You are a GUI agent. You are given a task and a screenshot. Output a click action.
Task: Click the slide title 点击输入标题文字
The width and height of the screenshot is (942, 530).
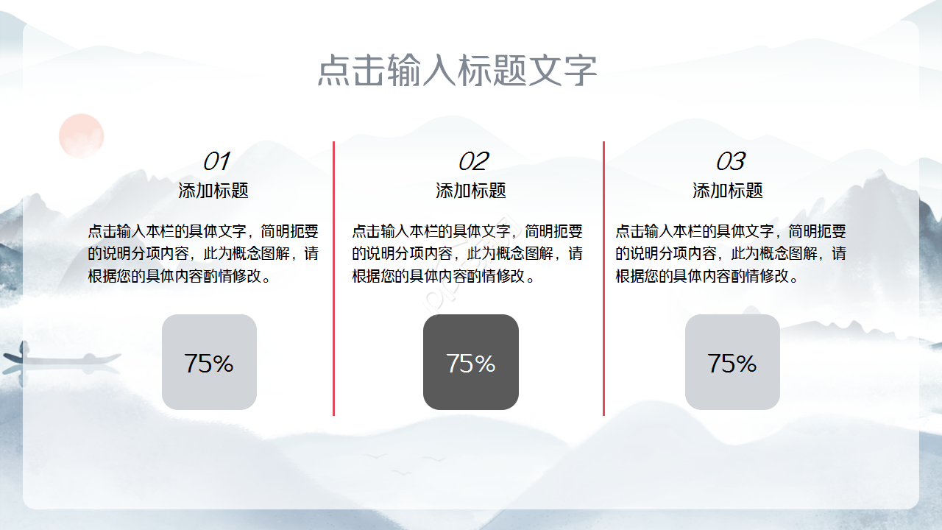pos(457,71)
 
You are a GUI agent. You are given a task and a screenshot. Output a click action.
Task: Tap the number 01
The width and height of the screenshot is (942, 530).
pos(216,161)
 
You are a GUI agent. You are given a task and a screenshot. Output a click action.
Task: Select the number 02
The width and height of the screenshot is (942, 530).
pos(472,161)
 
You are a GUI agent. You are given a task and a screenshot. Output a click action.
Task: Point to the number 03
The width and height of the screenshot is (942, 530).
pos(729,161)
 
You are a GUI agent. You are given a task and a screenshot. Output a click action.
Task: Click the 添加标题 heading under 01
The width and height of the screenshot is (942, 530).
pos(213,191)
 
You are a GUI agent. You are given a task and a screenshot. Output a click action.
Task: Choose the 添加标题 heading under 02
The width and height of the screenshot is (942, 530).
pos(471,191)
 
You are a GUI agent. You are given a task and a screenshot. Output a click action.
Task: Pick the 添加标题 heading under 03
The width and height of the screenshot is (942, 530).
pos(728,191)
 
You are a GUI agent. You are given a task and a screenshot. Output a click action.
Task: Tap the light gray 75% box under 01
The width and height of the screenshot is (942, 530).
pos(209,362)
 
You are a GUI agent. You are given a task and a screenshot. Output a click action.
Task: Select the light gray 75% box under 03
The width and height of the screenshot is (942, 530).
pos(732,362)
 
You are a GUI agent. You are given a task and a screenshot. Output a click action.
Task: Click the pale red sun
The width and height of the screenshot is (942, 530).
pos(81,135)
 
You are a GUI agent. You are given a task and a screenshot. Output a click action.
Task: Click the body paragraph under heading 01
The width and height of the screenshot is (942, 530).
pos(203,254)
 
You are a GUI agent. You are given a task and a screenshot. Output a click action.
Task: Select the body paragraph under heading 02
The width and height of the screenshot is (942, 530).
pos(467,254)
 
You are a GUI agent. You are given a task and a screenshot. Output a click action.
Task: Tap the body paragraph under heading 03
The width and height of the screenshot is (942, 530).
pos(731,254)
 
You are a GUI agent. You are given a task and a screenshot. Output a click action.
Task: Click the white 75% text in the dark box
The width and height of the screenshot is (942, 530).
pos(471,363)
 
